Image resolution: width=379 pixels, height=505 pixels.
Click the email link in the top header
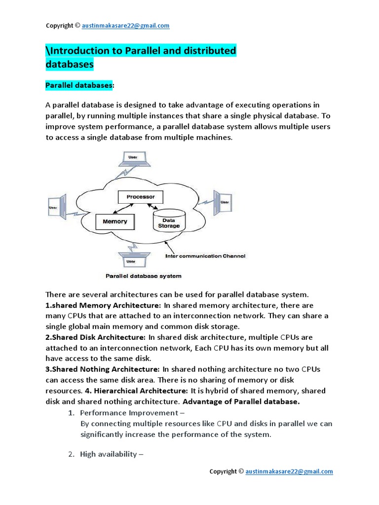(x=126, y=26)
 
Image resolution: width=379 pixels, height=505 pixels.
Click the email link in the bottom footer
(x=290, y=471)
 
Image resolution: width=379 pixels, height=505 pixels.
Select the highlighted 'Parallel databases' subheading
(x=79, y=86)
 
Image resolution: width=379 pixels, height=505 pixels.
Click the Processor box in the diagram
(x=141, y=197)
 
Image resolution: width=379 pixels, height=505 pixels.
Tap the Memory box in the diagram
(x=114, y=222)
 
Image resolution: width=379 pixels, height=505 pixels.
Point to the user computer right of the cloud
(x=223, y=201)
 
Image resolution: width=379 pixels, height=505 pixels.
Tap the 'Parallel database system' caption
(x=144, y=276)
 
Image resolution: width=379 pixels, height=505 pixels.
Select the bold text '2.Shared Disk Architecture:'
(x=95, y=337)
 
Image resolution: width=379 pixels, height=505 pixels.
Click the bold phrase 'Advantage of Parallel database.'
(x=241, y=401)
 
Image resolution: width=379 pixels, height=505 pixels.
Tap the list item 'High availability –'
(x=111, y=454)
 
